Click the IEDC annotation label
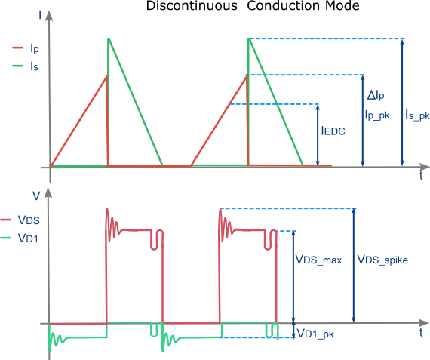[334, 130]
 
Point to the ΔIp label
[375, 97]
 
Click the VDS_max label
[318, 260]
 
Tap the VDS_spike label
[382, 260]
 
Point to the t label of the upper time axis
[421, 177]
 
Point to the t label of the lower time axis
[421, 333]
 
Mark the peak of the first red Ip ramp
[107, 75]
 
